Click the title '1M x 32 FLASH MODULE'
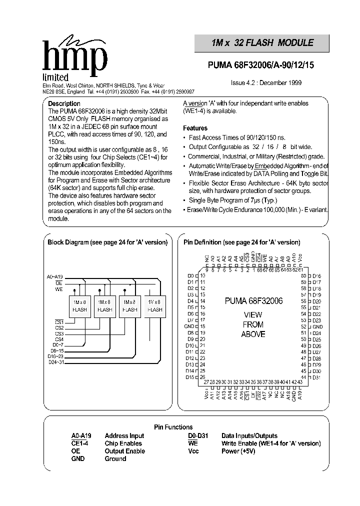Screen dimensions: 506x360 point(262,43)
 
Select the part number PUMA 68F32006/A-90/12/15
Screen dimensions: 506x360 point(261,64)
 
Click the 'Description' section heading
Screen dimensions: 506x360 point(64,104)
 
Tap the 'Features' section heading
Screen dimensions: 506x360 point(195,128)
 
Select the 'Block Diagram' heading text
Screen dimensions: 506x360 point(107,242)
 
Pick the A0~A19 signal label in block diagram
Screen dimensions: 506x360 point(54,276)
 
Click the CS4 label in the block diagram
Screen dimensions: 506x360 point(59,339)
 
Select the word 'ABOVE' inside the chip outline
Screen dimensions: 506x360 point(253,334)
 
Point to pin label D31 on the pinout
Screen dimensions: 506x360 point(316,377)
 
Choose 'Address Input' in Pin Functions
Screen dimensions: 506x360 point(124,436)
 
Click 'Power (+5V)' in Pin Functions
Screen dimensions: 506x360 point(239,451)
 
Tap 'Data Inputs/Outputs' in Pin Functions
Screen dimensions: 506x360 point(249,436)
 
